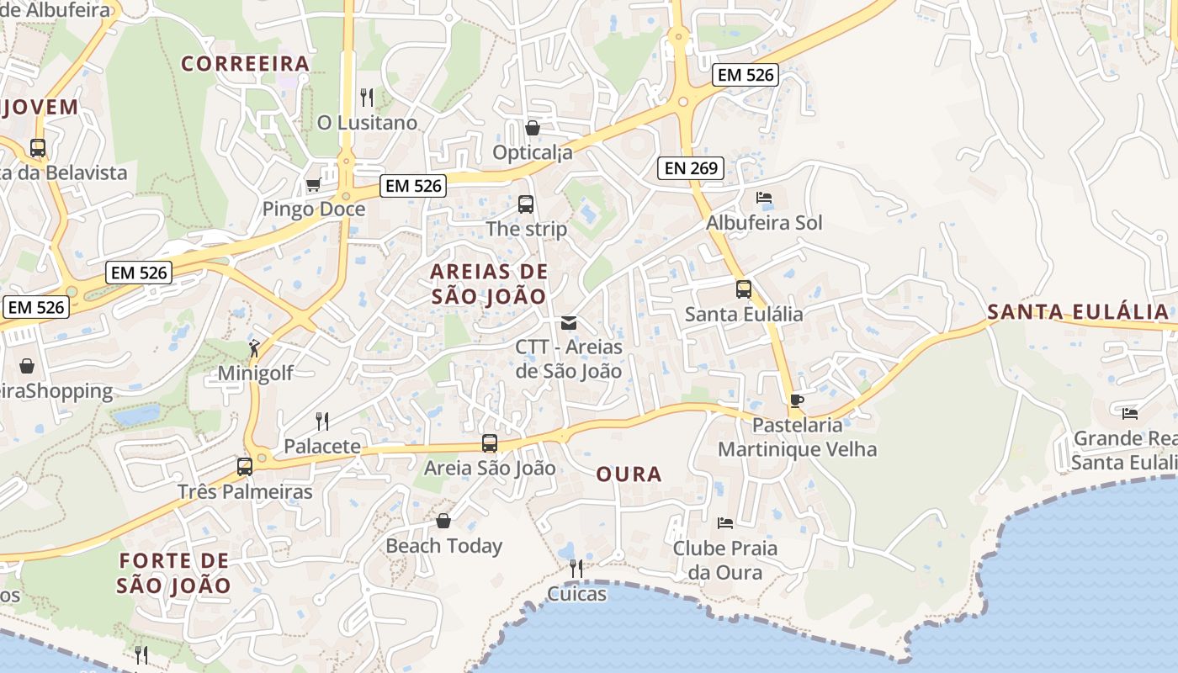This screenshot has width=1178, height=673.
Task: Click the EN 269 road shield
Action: pos(691,168)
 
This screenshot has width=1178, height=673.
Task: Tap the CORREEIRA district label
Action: pos(246,64)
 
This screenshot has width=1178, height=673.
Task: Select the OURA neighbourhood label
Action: pos(629,474)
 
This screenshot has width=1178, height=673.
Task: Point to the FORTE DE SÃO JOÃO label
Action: pos(173,573)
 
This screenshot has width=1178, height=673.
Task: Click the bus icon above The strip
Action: pos(526,204)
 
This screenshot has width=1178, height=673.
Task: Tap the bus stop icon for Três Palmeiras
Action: pos(245,466)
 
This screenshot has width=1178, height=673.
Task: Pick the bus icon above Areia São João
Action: pos(490,443)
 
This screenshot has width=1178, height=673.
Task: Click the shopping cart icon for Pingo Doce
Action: pos(314,184)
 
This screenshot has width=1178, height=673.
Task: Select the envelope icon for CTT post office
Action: pos(569,323)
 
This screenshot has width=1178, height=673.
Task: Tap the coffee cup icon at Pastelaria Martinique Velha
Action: pos(797,400)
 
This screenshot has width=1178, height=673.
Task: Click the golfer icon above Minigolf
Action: pos(255,347)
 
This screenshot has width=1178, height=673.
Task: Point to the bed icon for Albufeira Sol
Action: pos(764,198)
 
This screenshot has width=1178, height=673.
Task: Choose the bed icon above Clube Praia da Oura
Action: pos(724,523)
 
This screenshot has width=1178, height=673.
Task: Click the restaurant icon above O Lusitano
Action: pos(367,98)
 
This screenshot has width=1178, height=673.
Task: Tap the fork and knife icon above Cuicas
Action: pos(576,569)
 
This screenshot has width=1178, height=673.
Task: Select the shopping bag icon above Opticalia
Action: pos(533,128)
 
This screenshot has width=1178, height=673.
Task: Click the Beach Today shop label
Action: pos(443,546)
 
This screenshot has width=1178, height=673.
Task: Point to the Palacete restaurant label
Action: pos(322,446)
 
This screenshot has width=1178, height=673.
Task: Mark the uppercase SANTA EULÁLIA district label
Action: pos(1078,312)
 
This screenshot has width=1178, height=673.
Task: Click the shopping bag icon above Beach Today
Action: pos(443,521)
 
